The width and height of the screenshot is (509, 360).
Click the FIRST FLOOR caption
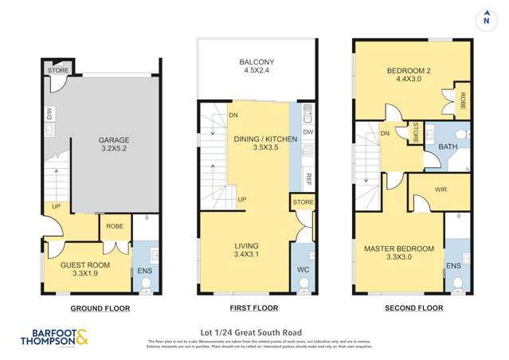pyautogui.click(x=254, y=307)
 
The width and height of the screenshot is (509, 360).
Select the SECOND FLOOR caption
pyautogui.click(x=413, y=307)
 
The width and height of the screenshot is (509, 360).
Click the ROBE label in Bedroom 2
pyautogui.click(x=461, y=100)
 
